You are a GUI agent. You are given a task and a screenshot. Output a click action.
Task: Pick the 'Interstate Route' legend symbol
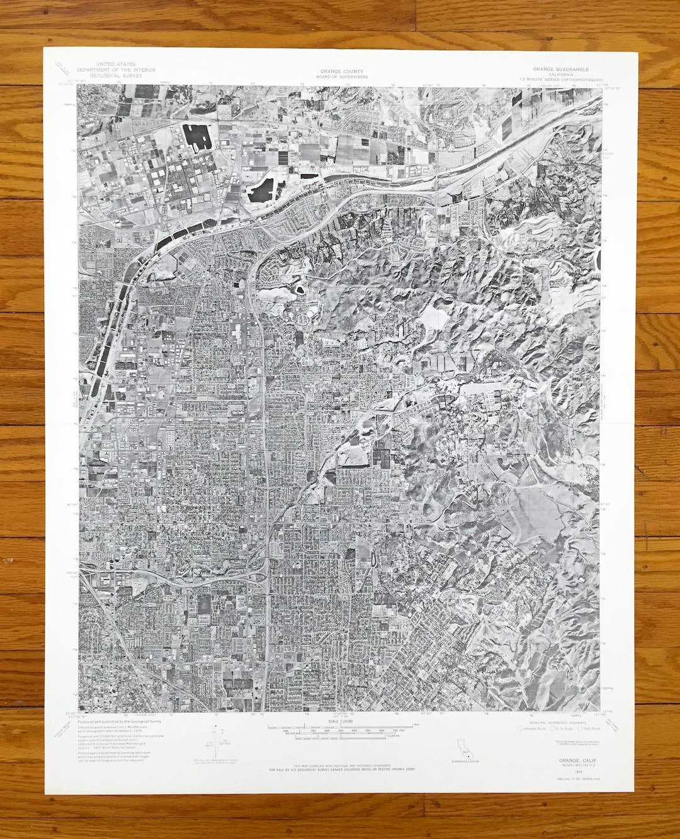(x=529, y=729)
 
